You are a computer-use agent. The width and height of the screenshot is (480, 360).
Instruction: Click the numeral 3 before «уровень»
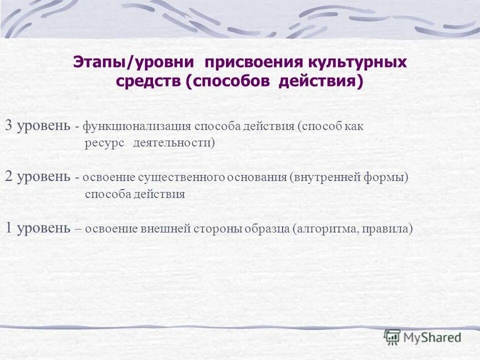(9, 125)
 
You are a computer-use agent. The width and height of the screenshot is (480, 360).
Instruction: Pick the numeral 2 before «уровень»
(9, 176)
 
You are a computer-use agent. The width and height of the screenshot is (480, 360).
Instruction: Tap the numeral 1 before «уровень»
(9, 228)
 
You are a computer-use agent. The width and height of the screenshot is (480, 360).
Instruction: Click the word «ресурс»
(104, 143)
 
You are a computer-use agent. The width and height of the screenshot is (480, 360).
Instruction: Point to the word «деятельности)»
(173, 143)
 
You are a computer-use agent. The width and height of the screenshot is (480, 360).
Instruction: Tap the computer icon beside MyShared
(392, 337)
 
